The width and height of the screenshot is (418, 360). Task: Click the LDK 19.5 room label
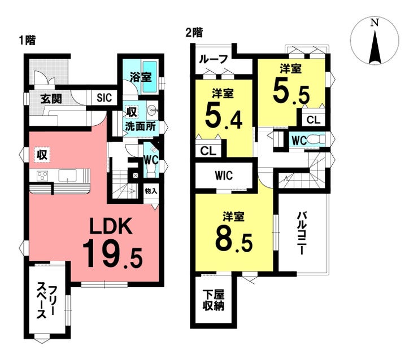click(x=112, y=242)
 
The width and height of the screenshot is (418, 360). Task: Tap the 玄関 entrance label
click(x=51, y=99)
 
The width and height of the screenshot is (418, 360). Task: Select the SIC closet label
click(x=104, y=98)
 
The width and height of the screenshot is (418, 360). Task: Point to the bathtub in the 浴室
click(x=150, y=77)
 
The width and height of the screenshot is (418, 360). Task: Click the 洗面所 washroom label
click(x=140, y=126)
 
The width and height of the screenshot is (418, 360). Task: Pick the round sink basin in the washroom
click(x=152, y=109)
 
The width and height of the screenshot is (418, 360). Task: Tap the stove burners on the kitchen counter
click(x=42, y=176)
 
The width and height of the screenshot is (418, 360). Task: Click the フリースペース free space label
click(x=47, y=302)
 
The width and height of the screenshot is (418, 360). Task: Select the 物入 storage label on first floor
click(x=151, y=191)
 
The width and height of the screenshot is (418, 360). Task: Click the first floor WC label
click(x=151, y=160)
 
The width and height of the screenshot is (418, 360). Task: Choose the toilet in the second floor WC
click(x=316, y=139)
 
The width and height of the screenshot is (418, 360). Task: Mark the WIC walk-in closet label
click(x=224, y=175)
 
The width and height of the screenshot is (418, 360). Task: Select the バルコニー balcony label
click(x=302, y=233)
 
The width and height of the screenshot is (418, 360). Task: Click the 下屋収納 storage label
click(x=214, y=300)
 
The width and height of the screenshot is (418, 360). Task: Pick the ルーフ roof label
click(x=214, y=59)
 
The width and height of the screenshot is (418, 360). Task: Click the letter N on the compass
click(x=375, y=23)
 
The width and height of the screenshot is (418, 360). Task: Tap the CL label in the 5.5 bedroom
click(x=313, y=120)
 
